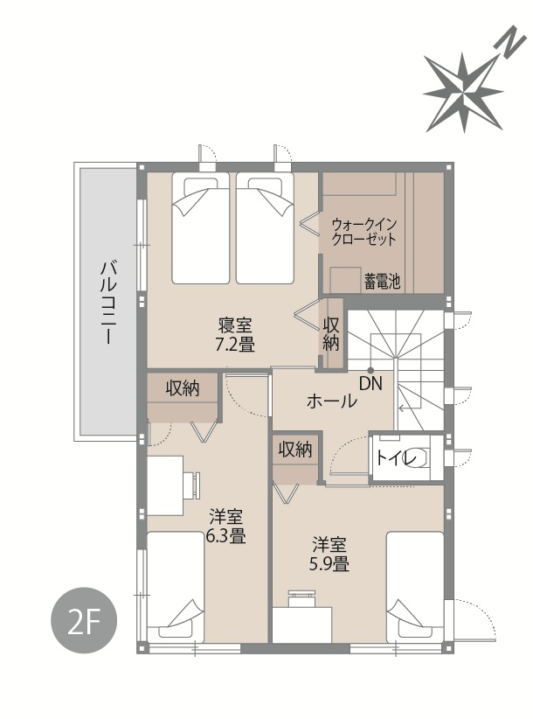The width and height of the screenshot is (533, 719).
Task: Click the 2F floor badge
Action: pos(84,621)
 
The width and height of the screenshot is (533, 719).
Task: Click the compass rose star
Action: pos(463,93)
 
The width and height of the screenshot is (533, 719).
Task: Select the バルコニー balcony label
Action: pos(108,302)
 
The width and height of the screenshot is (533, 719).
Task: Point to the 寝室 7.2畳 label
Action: pos(235,334)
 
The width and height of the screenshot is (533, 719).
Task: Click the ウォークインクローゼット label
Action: pos(363,232)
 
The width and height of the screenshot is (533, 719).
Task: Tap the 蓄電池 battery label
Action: pos(383,281)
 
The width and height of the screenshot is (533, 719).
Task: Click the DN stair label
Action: pos(370,383)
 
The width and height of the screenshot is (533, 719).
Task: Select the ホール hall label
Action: pos(331,401)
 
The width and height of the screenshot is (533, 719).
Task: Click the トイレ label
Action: pos(397,457)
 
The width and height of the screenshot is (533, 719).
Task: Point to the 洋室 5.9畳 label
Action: pos(329,554)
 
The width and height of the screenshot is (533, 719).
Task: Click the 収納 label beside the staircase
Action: pos(331,334)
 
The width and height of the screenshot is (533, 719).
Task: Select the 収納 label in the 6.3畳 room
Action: pos(183,388)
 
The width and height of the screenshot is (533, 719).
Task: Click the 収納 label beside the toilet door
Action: pos(295,450)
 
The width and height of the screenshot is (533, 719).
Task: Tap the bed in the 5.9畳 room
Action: pos(415,588)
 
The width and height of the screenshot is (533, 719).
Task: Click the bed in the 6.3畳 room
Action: pos(176,588)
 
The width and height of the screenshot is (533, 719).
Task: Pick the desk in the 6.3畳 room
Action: pos(165,485)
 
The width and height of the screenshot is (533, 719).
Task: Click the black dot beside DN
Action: pos(370,371)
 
